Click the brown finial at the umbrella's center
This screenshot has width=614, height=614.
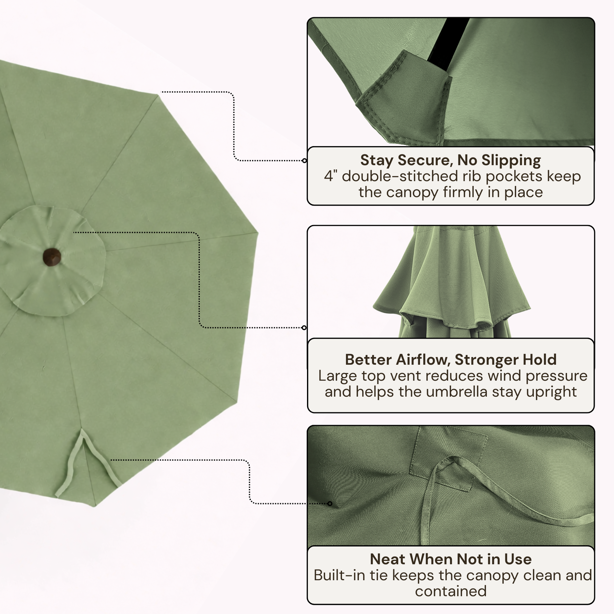click(52, 257)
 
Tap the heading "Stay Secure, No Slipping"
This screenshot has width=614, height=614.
click(450, 160)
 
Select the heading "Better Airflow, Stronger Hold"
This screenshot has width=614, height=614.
click(451, 360)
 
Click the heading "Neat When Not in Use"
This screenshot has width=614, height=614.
click(451, 559)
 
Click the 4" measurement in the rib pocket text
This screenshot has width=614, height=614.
click(330, 176)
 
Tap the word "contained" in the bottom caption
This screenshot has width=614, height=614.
click(451, 591)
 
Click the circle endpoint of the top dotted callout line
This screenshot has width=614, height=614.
click(304, 161)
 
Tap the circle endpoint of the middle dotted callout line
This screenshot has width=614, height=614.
click(304, 328)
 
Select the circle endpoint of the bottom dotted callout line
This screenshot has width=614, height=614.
click(330, 503)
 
